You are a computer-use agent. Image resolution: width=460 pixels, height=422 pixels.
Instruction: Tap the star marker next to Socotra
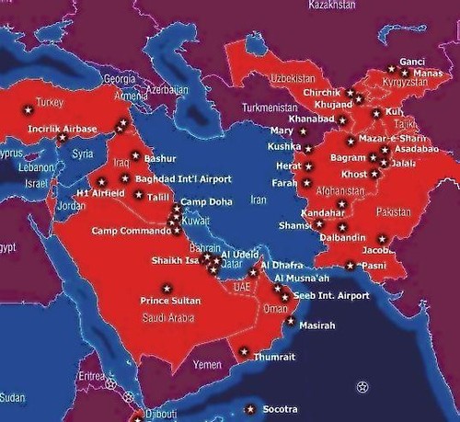point(247,407)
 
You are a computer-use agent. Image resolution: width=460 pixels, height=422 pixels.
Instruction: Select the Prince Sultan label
point(170,301)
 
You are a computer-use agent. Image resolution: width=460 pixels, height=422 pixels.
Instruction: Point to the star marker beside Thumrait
point(244,351)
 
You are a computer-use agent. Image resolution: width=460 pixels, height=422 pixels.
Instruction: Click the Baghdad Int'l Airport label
point(183,179)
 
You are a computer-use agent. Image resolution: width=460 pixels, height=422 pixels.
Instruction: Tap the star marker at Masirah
point(292,322)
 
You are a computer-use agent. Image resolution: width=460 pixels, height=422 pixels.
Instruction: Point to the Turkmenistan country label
point(272,107)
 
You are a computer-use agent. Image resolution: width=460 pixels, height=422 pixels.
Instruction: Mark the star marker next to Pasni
point(350,267)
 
